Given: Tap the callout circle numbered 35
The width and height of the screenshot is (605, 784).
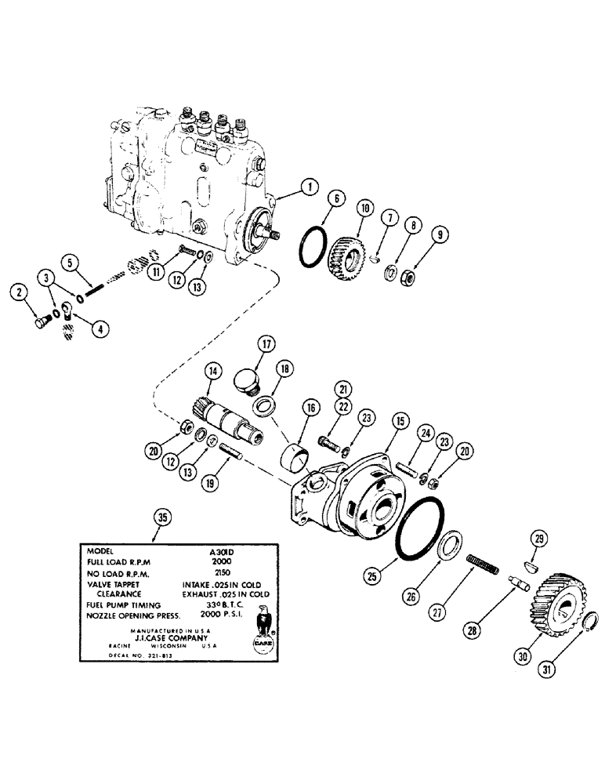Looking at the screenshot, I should [161, 517].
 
